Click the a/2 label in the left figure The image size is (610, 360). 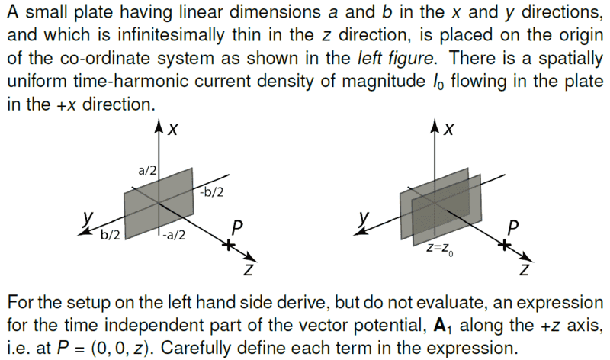pyautogui.click(x=147, y=170)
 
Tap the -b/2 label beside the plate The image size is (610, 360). pyautogui.click(x=212, y=192)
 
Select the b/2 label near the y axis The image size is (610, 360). pyautogui.click(x=110, y=235)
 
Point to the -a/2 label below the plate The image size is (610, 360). pyautogui.click(x=174, y=235)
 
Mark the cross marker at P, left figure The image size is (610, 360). pyautogui.click(x=229, y=245)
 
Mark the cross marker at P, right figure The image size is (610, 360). pyautogui.click(x=505, y=245)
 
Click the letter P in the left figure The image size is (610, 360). pyautogui.click(x=236, y=228)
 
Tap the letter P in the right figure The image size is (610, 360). pyautogui.click(x=513, y=228)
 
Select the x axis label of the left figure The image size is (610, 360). pyautogui.click(x=173, y=129)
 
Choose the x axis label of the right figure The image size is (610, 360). pyautogui.click(x=448, y=129)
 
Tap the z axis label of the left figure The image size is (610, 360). pyautogui.click(x=249, y=269)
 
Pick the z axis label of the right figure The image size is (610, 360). pyautogui.click(x=525, y=269)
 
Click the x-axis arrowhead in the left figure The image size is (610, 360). pyautogui.click(x=159, y=126)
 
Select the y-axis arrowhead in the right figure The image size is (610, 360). pyautogui.click(x=359, y=232)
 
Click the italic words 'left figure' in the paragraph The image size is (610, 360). pyautogui.click(x=394, y=59)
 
